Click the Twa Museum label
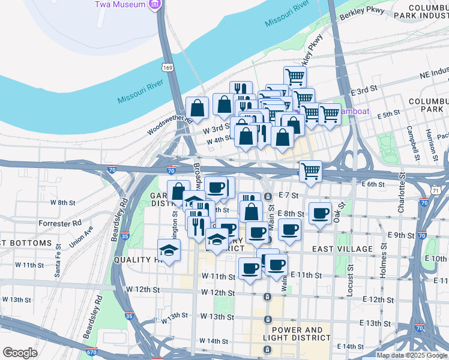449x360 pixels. tap(120, 5)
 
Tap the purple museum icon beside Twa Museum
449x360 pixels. tap(155, 5)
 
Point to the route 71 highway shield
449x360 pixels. tap(437, 190)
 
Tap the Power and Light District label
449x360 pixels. tap(300, 334)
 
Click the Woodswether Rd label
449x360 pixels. tap(170, 125)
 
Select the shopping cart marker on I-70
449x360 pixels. tap(310, 172)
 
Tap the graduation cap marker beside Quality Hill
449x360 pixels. tap(169, 250)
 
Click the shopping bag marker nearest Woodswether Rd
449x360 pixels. tap(197, 108)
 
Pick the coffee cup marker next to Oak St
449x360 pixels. tap(321, 213)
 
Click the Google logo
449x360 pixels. tap(20, 353)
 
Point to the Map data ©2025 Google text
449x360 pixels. tap(412, 355)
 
